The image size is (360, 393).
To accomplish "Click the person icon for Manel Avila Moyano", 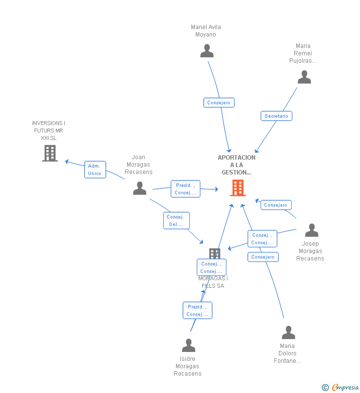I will tap(207, 50).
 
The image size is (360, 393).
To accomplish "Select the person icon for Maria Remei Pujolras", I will tap(304, 77).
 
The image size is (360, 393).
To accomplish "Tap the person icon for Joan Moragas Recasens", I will tap(140, 188).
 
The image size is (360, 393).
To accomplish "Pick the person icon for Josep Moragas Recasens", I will tap(312, 230).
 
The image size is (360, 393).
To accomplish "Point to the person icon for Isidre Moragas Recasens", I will tap(188, 345).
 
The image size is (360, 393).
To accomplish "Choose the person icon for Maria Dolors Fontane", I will tap(288, 332).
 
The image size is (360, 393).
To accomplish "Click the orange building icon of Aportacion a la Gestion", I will tap(238, 188).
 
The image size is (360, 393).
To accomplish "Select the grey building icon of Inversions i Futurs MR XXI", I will tap(50, 153).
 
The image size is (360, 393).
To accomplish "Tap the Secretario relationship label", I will tap(276, 116).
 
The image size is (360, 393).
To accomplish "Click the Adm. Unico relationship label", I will tap(95, 170).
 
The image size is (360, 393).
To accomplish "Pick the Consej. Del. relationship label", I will tap(176, 220).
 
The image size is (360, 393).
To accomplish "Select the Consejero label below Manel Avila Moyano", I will tap(219, 102).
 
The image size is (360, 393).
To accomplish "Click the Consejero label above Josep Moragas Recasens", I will tap(276, 205).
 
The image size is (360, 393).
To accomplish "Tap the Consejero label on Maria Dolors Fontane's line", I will tap(263, 257).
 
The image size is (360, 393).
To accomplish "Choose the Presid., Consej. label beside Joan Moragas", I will tap(185, 189).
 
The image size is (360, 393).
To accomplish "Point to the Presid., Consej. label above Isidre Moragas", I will tap(197, 310).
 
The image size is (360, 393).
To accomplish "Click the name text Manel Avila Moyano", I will tap(206, 31).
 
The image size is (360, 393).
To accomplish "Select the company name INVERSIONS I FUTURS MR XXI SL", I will tap(49, 131).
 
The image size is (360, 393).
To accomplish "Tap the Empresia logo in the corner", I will tap(340, 387).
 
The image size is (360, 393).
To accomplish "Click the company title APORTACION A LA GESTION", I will tap(237, 165).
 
